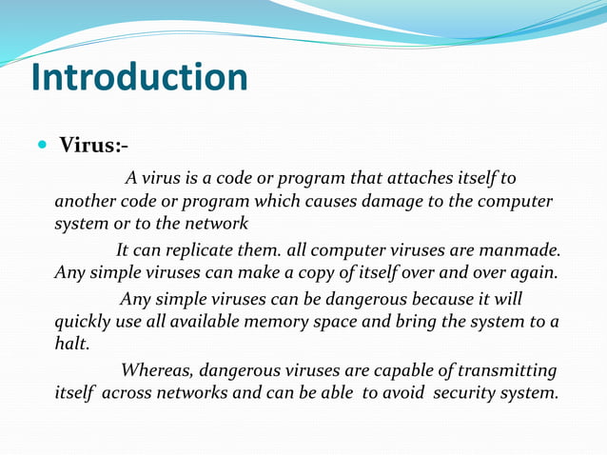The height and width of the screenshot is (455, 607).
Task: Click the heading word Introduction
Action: pyautogui.click(x=140, y=77)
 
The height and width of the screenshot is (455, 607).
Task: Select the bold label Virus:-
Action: pyautogui.click(x=94, y=146)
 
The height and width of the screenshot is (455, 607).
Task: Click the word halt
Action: pyautogui.click(x=70, y=346)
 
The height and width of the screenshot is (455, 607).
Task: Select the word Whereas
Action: pyautogui.click(x=158, y=370)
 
